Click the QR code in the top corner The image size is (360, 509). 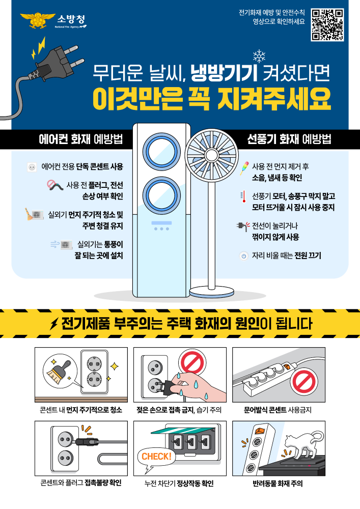327,24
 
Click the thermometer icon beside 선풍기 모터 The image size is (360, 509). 243,196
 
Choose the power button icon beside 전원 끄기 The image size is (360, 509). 243,256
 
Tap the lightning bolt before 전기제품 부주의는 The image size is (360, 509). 53,324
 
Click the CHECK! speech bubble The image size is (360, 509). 156,456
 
